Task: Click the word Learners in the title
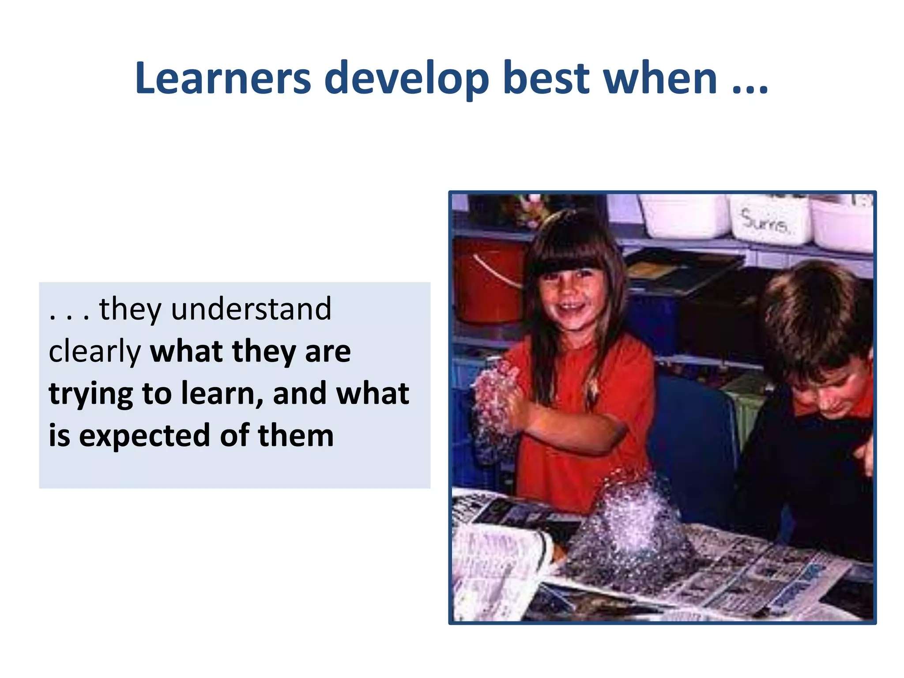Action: (223, 79)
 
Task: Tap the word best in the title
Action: (546, 79)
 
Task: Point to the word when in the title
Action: (660, 79)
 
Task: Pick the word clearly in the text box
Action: (94, 352)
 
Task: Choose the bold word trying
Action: (90, 394)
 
